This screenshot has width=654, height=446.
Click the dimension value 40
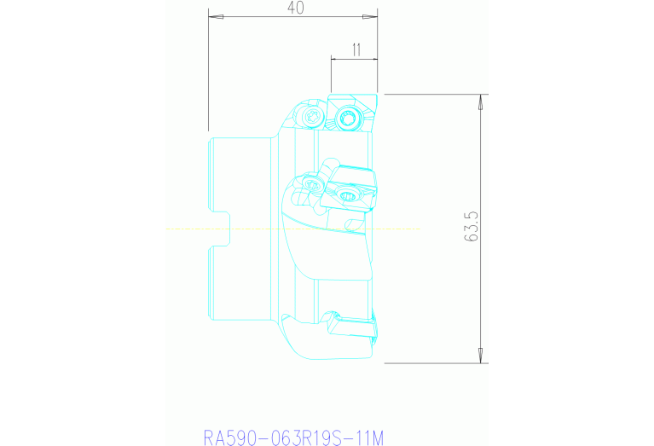[296, 8]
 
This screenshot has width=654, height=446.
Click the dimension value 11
[356, 50]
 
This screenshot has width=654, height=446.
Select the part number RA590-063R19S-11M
[293, 437]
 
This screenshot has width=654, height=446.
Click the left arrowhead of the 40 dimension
[213, 16]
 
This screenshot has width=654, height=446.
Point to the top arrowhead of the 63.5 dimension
[482, 101]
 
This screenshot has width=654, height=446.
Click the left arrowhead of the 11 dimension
[335, 59]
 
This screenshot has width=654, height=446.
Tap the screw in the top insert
[347, 119]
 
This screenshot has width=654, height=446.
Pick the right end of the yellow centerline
[421, 229]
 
